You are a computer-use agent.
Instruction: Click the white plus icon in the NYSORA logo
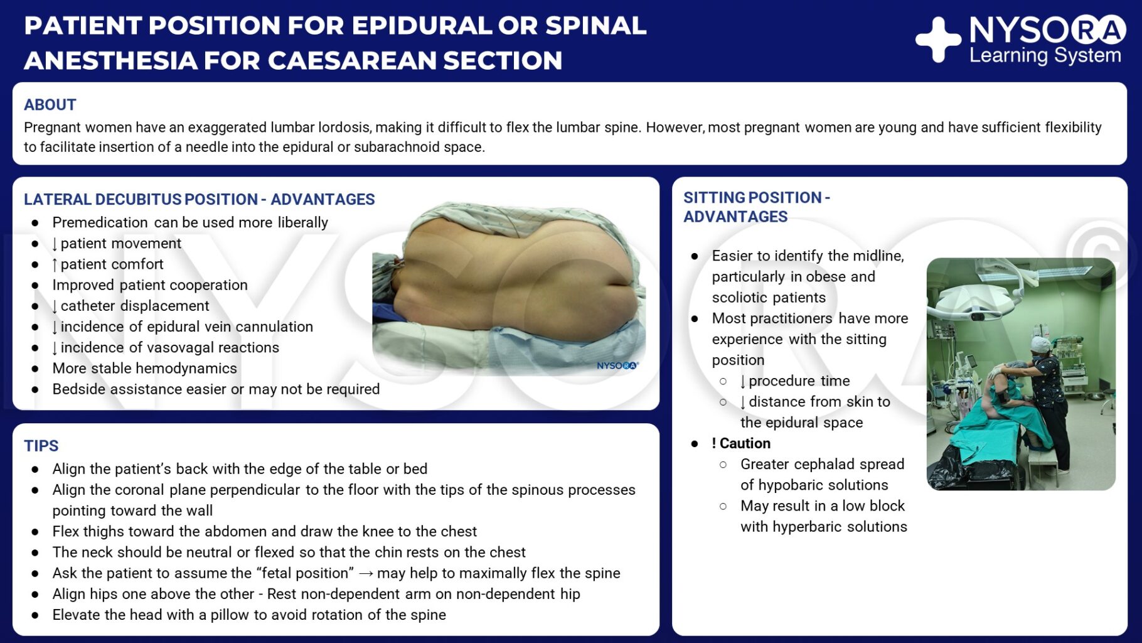coord(938,40)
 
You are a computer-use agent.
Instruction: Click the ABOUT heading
coord(50,105)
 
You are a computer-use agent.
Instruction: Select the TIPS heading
coord(41,446)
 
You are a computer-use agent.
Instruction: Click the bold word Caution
coord(745,443)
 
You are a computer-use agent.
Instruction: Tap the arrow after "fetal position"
coord(366,573)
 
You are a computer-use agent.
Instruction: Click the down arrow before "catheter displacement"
coord(55,306)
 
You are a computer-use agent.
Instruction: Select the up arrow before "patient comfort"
coord(55,265)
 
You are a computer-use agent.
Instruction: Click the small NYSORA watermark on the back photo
coord(617,365)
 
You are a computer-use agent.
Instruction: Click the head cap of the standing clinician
coord(1041,344)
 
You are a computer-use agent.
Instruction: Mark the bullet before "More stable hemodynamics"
coord(35,369)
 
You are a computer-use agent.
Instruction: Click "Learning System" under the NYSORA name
coord(1045,55)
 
